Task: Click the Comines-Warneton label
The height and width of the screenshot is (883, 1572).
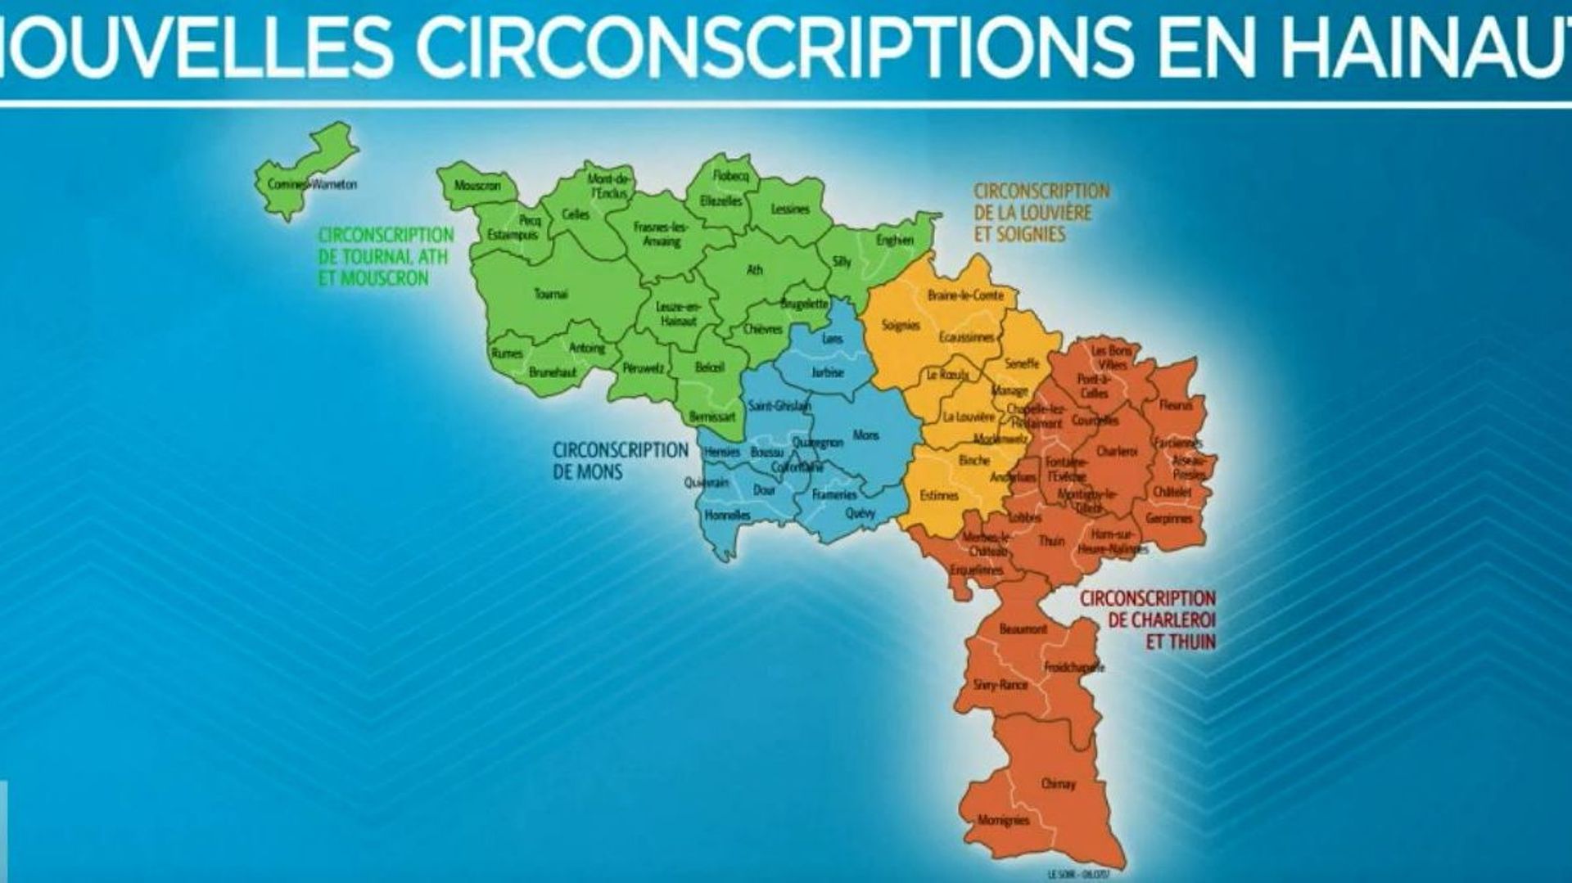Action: point(312,184)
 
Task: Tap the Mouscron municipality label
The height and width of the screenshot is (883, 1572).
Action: point(477,186)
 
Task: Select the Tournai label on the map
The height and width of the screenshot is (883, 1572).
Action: point(550,294)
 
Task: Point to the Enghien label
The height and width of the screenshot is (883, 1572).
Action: point(894,240)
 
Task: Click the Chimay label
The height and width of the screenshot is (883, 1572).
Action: point(1058,783)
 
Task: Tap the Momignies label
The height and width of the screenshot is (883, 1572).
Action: point(1003,819)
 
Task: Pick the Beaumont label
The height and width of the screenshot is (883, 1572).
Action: point(1023,629)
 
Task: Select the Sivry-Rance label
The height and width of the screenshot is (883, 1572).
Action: point(1000,684)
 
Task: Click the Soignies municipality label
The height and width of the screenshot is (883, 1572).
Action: point(901,325)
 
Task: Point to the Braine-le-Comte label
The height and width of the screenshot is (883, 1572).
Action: point(965,295)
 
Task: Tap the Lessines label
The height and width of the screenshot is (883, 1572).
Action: point(790,209)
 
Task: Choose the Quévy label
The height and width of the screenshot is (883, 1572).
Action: point(860,513)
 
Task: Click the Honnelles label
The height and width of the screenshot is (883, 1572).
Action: point(727,516)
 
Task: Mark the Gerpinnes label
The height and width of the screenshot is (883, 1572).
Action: point(1169,518)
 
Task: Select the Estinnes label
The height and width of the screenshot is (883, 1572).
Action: point(938,495)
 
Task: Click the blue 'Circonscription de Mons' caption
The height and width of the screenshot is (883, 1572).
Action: point(620,461)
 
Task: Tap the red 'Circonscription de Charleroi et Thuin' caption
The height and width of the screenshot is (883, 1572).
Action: point(1147,619)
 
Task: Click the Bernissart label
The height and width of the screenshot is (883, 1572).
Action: point(711,417)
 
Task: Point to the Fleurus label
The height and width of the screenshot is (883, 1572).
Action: point(1176,405)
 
